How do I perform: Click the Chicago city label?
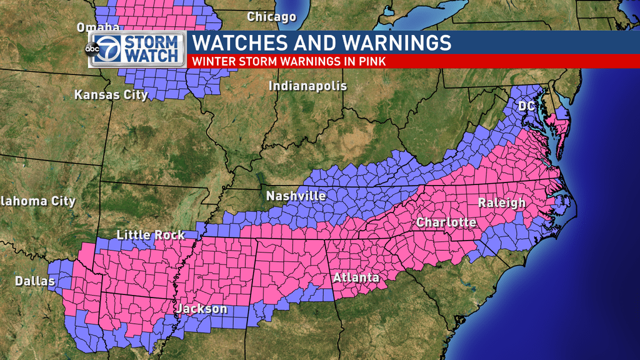(271, 17)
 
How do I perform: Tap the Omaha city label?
(98, 27)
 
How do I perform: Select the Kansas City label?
(111, 95)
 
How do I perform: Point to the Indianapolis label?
(307, 86)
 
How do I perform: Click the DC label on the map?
(526, 106)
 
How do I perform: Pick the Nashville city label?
(296, 196)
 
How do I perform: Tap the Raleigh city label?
(502, 202)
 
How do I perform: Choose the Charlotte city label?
(446, 222)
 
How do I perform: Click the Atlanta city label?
(356, 277)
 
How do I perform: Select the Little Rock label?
(151, 235)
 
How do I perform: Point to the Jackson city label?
(201, 309)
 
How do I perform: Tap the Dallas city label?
(35, 282)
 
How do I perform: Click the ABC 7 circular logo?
(104, 49)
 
